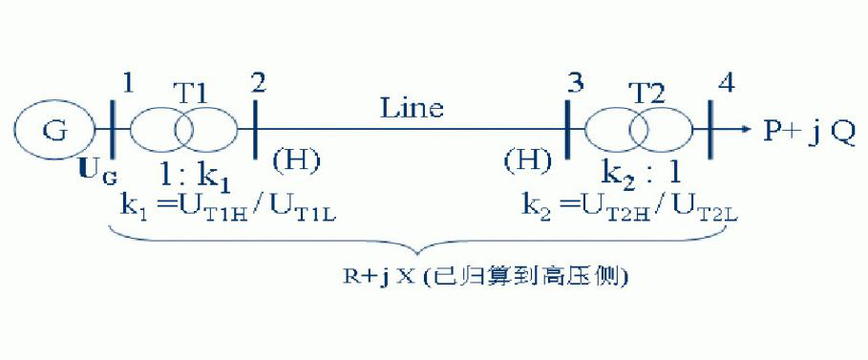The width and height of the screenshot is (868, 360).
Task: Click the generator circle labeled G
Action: click(x=55, y=130)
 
